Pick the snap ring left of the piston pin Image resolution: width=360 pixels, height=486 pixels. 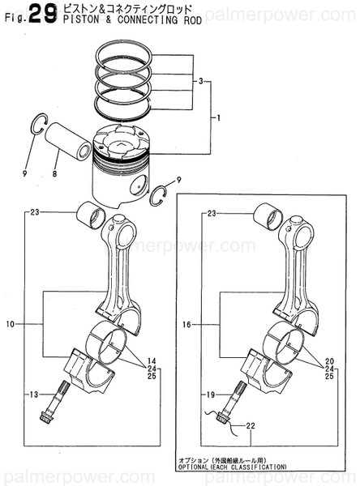(34, 124)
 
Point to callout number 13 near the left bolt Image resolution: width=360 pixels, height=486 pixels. (32, 394)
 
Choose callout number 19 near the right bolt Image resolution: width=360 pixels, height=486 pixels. (209, 394)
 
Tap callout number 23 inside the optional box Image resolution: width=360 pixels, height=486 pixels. (212, 213)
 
